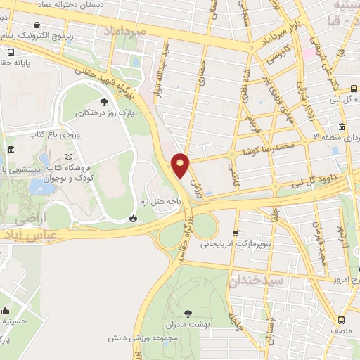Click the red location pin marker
pyautogui.click(x=181, y=165)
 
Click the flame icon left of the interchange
pyautogui.click(x=132, y=219)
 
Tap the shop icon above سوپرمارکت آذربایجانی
pyautogui.click(x=236, y=234)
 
